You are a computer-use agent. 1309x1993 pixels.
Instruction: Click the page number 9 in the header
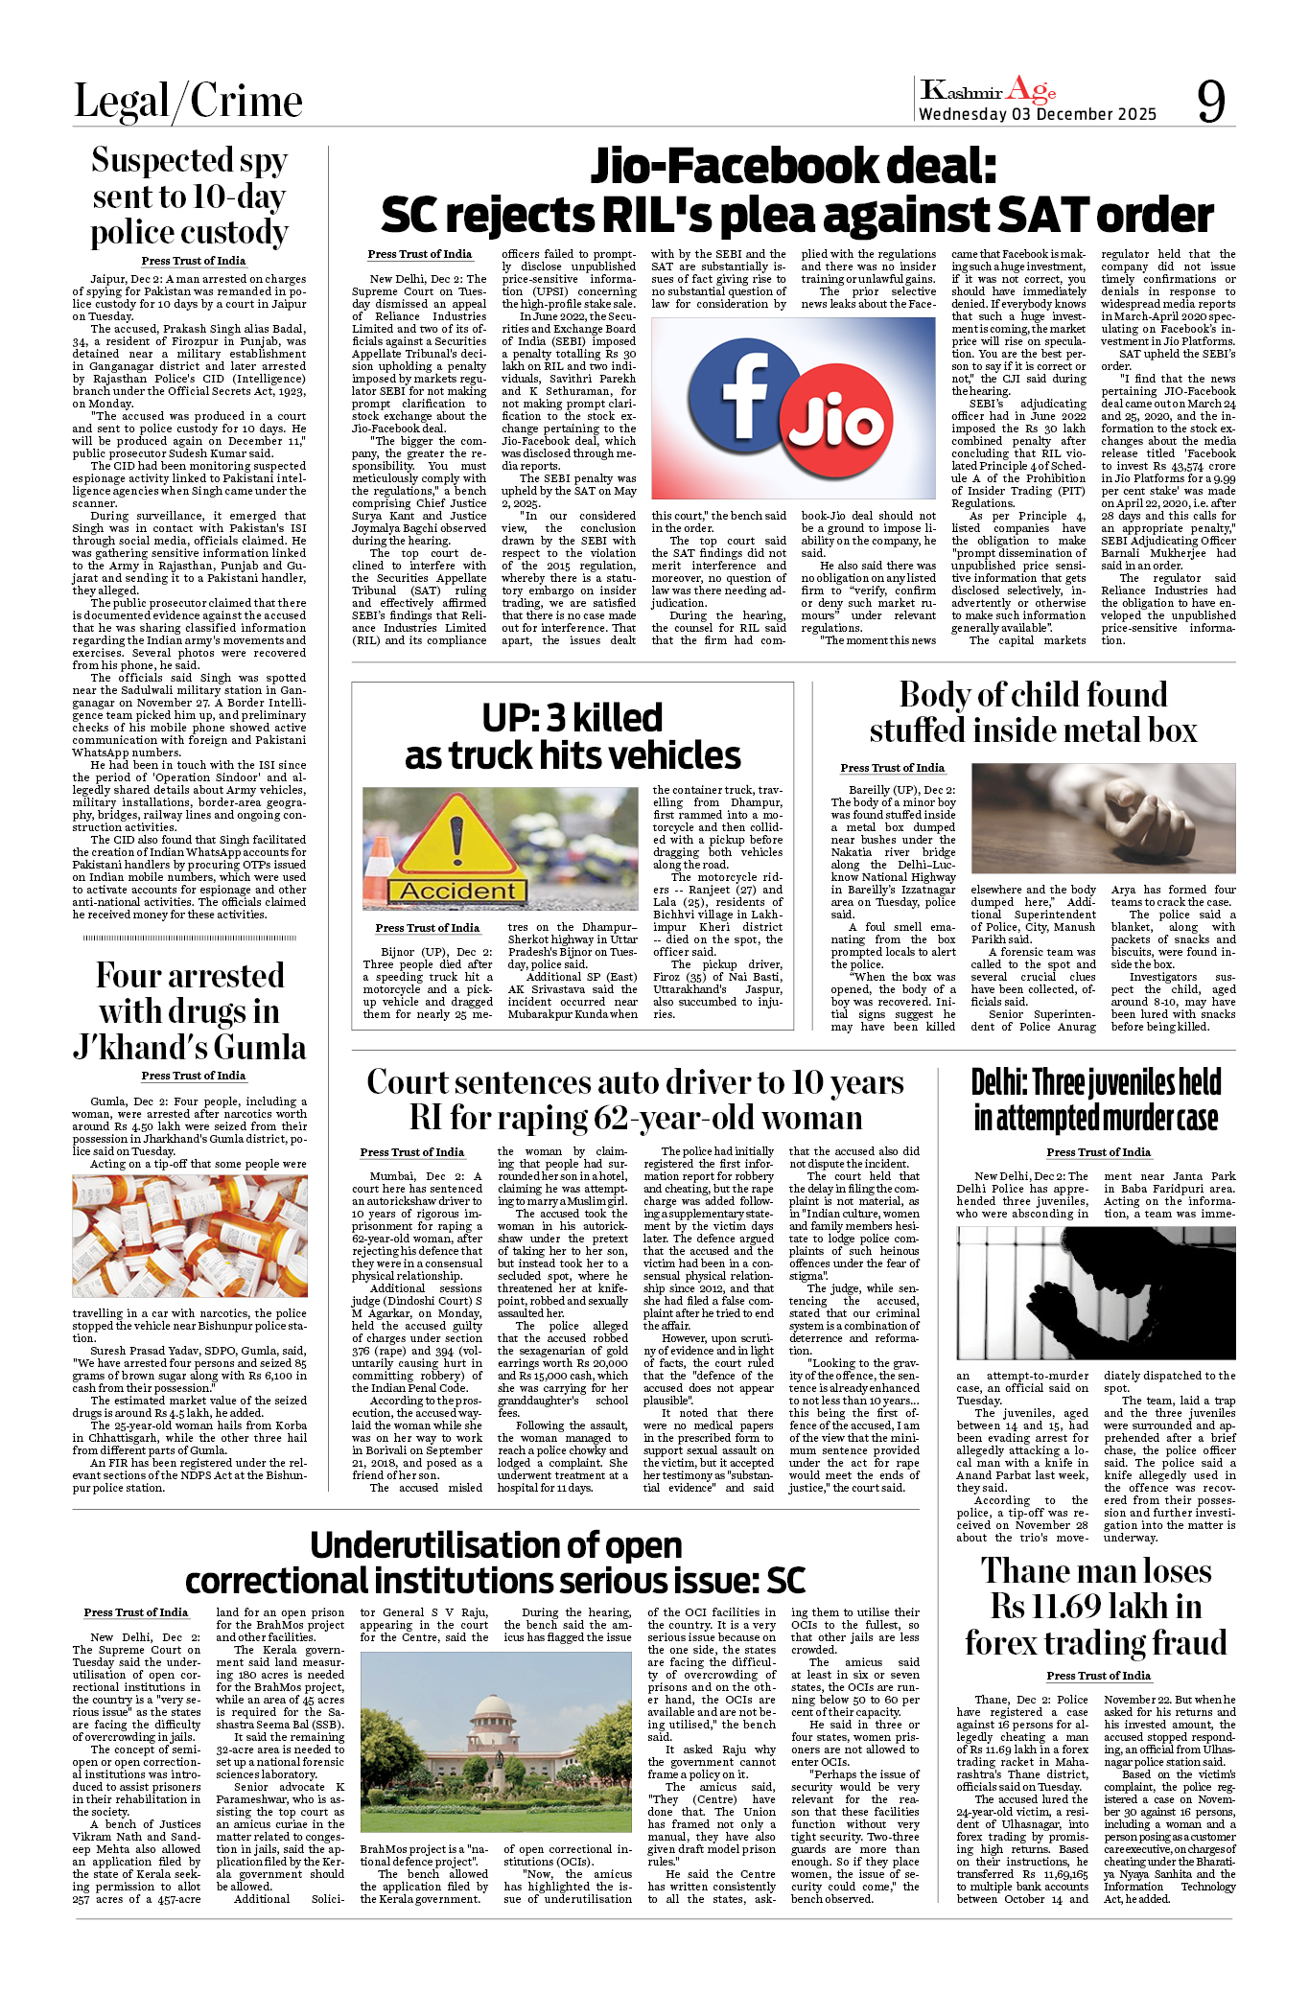click(1211, 101)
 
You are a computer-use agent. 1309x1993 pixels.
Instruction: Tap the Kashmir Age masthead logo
click(988, 91)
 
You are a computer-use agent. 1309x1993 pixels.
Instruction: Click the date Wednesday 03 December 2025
click(1038, 114)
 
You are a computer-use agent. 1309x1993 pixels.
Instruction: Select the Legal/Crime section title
click(188, 102)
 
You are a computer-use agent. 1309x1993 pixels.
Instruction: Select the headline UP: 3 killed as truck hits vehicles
click(573, 736)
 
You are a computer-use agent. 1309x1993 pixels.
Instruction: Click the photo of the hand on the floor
click(1103, 818)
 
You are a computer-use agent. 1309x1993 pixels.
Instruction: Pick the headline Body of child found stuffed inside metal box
click(1033, 712)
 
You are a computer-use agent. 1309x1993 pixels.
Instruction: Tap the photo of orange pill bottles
click(190, 1236)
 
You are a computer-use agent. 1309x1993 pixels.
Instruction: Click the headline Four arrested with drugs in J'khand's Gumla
click(190, 1011)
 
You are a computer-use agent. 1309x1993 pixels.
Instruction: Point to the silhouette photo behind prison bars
click(1096, 1293)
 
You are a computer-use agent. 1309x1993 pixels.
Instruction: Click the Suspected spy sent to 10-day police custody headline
click(190, 196)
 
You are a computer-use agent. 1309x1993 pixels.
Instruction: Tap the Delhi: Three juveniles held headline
click(1096, 1100)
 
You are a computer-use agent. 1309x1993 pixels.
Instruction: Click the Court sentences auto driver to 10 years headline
click(635, 1100)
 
